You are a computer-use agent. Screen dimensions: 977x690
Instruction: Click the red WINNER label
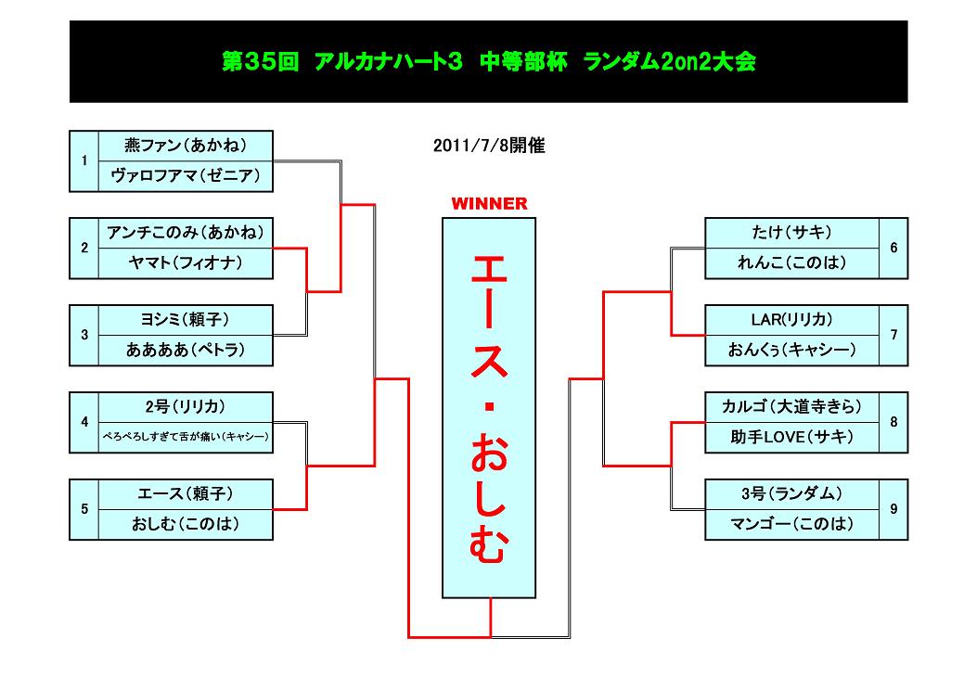click(x=489, y=204)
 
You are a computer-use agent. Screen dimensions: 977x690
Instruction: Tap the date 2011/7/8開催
click(x=489, y=146)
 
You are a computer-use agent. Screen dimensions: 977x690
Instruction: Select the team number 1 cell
click(x=84, y=160)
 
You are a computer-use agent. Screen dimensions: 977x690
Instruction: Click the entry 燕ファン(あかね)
click(x=186, y=146)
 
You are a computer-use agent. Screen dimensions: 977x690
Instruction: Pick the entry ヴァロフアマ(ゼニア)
click(x=186, y=176)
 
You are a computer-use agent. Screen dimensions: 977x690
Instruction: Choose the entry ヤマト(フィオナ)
click(x=186, y=263)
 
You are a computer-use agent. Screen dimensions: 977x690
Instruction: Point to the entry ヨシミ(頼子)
click(x=186, y=320)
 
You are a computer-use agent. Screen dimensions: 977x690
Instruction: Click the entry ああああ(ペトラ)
click(x=186, y=351)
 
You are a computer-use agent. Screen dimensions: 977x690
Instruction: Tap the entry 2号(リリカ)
click(x=186, y=407)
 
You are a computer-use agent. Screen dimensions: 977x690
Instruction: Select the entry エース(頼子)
click(x=186, y=494)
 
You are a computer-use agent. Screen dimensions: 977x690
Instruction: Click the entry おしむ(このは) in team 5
click(x=186, y=525)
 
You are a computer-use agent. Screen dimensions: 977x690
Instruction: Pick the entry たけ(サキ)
click(x=792, y=233)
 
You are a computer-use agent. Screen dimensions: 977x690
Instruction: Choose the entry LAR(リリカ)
click(x=792, y=320)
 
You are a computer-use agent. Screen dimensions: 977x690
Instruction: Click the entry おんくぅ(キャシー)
click(x=792, y=351)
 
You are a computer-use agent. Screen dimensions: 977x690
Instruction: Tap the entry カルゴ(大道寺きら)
click(x=792, y=407)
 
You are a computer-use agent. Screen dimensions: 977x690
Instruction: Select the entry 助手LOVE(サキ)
click(x=792, y=438)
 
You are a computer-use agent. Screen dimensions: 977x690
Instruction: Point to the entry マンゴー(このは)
click(x=792, y=525)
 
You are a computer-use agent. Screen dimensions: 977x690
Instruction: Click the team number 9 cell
click(x=893, y=509)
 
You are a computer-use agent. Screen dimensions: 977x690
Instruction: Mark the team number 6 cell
click(x=893, y=248)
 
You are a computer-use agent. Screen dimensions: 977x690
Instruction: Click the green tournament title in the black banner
click(x=489, y=61)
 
